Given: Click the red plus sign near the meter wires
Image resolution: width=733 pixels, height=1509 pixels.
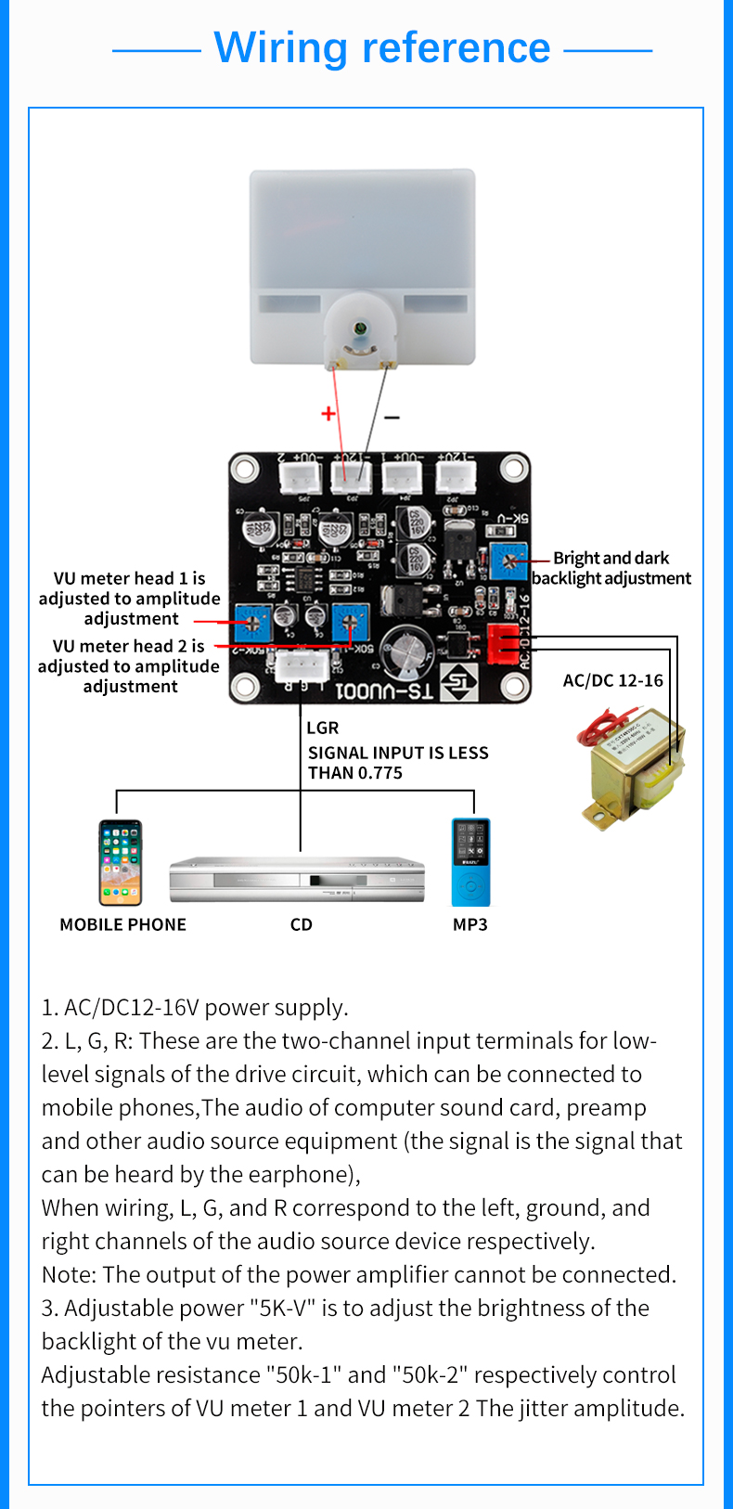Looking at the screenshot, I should [x=328, y=413].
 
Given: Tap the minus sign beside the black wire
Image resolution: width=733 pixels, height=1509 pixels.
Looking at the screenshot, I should [x=392, y=418].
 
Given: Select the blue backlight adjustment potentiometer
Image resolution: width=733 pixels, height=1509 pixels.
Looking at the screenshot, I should [x=508, y=561].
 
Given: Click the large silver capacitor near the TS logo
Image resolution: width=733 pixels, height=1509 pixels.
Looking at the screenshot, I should [x=405, y=651].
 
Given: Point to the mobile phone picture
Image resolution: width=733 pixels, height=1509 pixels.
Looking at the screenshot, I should [x=121, y=862].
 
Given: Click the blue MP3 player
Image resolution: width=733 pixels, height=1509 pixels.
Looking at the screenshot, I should [x=470, y=862].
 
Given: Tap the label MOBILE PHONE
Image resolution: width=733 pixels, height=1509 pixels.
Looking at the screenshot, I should [x=122, y=924].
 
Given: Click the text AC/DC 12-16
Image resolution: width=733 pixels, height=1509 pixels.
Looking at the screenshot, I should [x=612, y=680].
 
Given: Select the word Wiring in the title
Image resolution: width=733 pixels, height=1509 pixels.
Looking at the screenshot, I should [x=281, y=47].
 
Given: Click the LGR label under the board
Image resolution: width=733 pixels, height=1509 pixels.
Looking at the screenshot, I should [x=322, y=728].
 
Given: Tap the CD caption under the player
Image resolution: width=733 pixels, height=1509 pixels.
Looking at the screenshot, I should [x=301, y=924].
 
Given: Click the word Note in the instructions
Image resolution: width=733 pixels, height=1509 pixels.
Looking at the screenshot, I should [x=68, y=1275].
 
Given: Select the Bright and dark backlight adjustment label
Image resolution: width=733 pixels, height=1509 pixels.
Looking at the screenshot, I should [x=611, y=568].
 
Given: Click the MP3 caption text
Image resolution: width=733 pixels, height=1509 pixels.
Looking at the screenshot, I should [x=469, y=924].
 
